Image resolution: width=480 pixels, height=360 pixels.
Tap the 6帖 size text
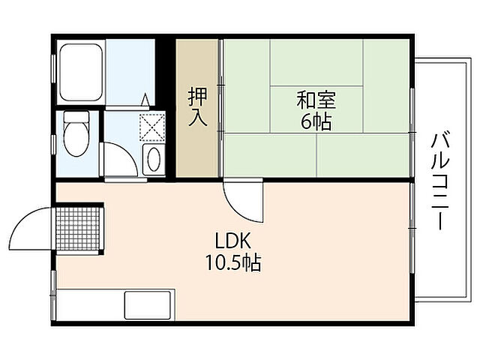click(x=315, y=121)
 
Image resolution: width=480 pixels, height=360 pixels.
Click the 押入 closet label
click(x=198, y=107)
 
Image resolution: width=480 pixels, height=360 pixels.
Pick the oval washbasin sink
click(x=153, y=159)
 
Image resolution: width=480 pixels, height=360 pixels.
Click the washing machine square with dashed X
click(x=152, y=125)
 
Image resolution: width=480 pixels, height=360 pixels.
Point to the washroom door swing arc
click(x=116, y=160)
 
